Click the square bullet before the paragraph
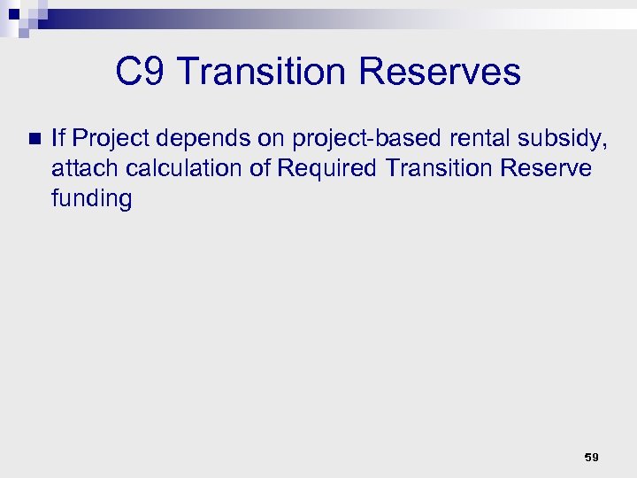click(34, 138)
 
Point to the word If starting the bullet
click(58, 137)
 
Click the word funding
click(91, 199)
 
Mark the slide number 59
click(591, 458)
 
